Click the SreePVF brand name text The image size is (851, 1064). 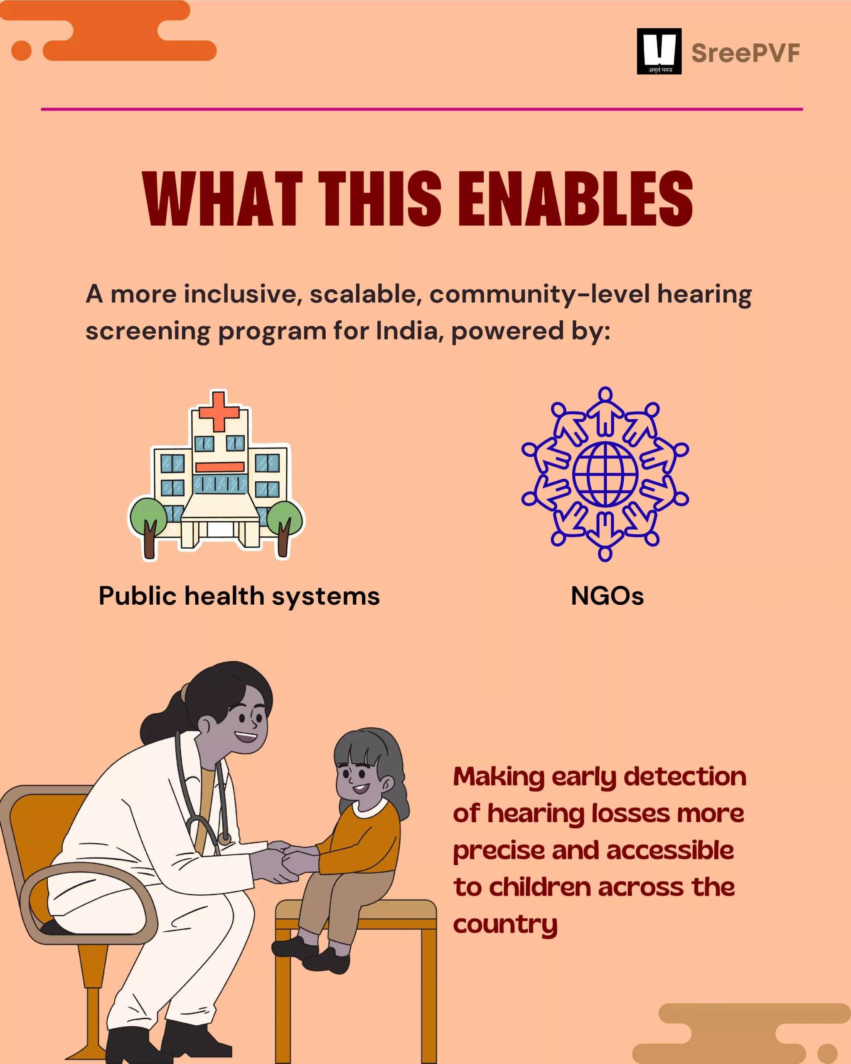click(x=745, y=53)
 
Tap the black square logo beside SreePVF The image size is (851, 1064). click(x=659, y=51)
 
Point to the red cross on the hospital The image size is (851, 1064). click(x=219, y=411)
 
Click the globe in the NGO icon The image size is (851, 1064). click(x=605, y=474)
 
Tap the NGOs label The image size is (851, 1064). click(x=608, y=596)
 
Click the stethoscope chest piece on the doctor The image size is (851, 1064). click(x=224, y=838)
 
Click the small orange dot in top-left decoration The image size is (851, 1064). click(x=21, y=51)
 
